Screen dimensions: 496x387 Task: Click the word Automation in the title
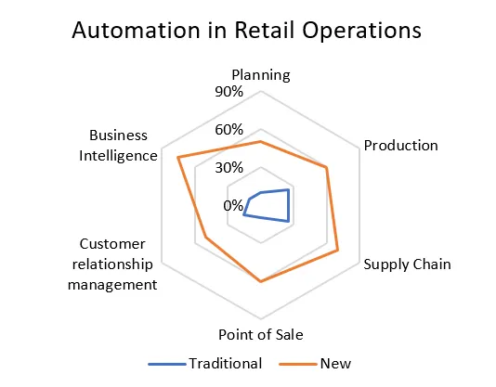click(137, 31)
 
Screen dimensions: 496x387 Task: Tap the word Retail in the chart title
click(265, 31)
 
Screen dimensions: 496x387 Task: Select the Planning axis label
click(261, 76)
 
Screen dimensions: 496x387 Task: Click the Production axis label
click(400, 146)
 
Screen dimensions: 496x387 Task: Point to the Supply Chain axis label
click(407, 264)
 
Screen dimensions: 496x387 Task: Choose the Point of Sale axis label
click(261, 334)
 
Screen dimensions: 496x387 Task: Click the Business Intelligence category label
click(118, 146)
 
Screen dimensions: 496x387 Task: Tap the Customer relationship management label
click(112, 264)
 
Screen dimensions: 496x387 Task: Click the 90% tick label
click(229, 92)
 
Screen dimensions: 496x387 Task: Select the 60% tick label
click(229, 130)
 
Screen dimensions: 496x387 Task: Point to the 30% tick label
click(229, 168)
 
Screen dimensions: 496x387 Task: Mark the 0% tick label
click(233, 205)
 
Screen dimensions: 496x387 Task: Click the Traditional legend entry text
click(226, 364)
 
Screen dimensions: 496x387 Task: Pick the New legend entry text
click(335, 364)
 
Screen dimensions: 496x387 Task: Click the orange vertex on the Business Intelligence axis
click(178, 157)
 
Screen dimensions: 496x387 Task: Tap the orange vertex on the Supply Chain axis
click(338, 251)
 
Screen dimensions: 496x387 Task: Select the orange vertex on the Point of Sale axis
click(261, 281)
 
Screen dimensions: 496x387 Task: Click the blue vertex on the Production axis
click(288, 189)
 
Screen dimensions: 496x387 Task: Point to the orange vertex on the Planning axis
click(261, 142)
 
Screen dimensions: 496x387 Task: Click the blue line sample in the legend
click(167, 364)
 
